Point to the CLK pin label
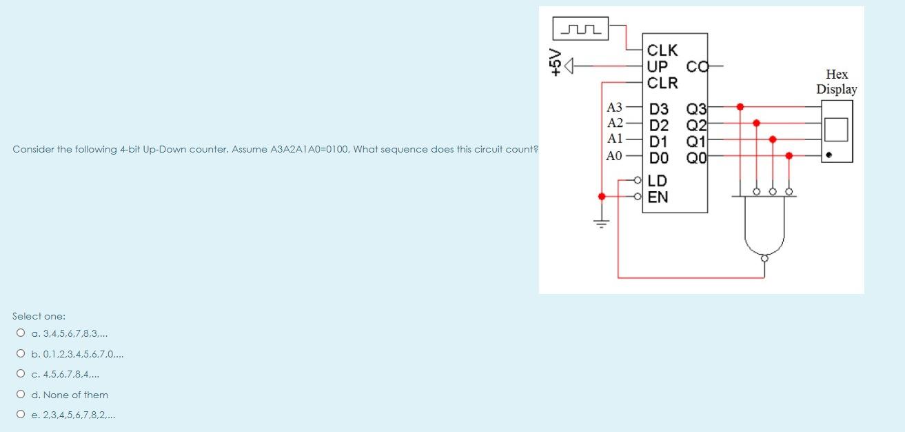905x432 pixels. click(x=662, y=50)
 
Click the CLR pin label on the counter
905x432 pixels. click(x=662, y=83)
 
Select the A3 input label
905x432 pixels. click(x=613, y=107)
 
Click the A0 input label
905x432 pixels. click(x=613, y=156)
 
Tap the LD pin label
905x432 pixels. click(x=658, y=181)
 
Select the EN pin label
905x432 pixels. click(x=658, y=197)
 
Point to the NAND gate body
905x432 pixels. click(x=764, y=228)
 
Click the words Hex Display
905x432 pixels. click(x=837, y=81)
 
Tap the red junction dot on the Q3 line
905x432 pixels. click(x=740, y=107)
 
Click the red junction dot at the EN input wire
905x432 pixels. click(x=602, y=197)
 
